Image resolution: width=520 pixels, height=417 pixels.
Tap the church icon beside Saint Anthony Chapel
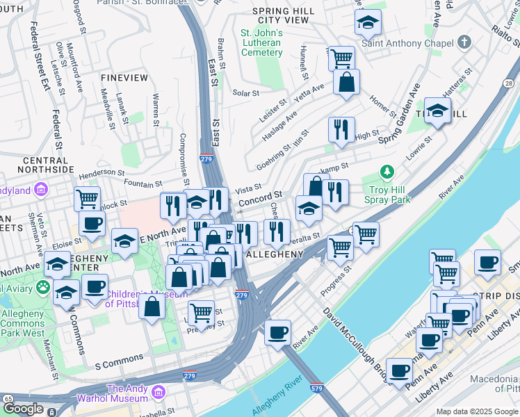point(464,43)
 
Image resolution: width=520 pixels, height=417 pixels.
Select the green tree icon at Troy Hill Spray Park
point(387,172)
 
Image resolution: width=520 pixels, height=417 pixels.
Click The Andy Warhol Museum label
point(127,393)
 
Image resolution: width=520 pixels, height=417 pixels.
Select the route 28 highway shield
point(510,83)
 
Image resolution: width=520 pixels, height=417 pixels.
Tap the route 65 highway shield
point(8,398)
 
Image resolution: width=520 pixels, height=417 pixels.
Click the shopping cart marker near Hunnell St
point(341,58)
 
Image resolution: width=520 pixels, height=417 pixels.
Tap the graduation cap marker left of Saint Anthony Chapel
point(368,24)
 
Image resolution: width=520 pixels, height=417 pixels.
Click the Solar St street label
point(245,92)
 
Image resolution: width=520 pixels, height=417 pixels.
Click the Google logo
point(23,409)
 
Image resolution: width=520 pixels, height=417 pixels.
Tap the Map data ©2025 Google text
point(477,411)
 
